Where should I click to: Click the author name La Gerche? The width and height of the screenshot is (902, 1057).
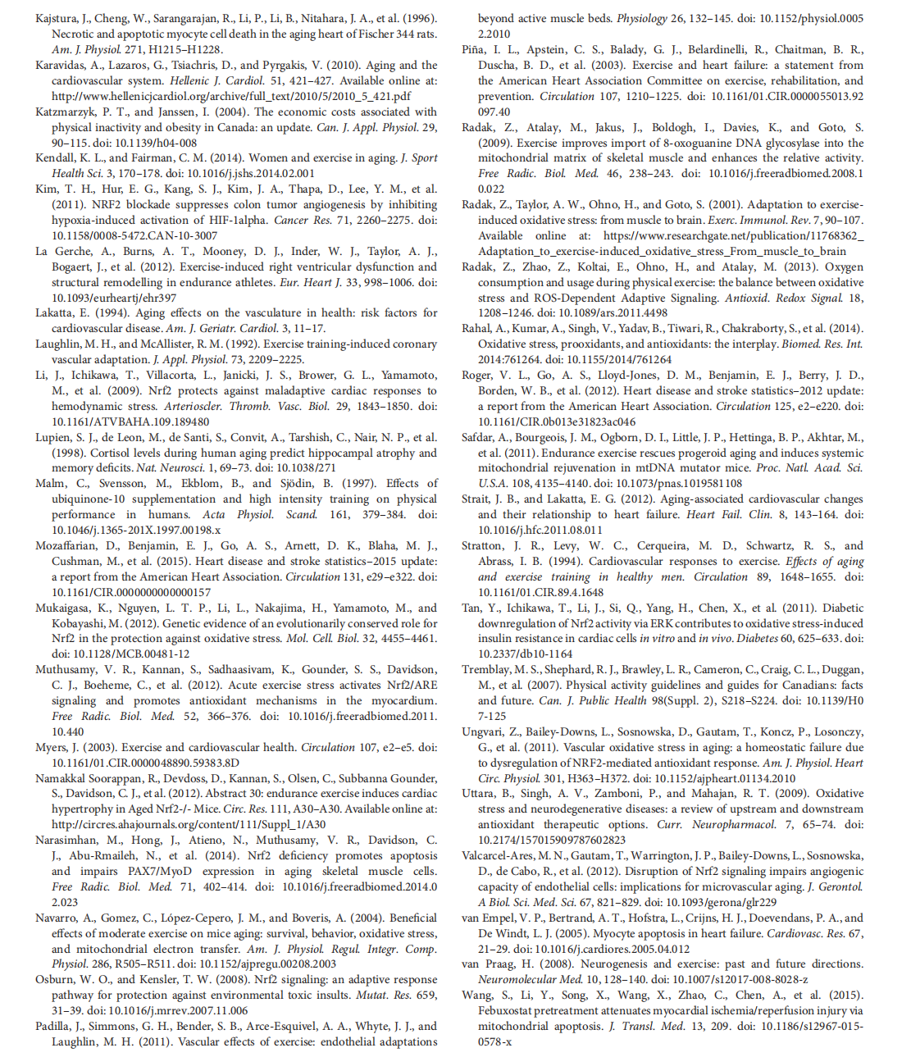[63, 251]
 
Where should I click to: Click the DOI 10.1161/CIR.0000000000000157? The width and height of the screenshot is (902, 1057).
[131, 592]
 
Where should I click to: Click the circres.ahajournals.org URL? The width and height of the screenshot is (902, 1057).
[189, 824]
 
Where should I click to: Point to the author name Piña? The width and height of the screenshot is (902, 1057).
[472, 49]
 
